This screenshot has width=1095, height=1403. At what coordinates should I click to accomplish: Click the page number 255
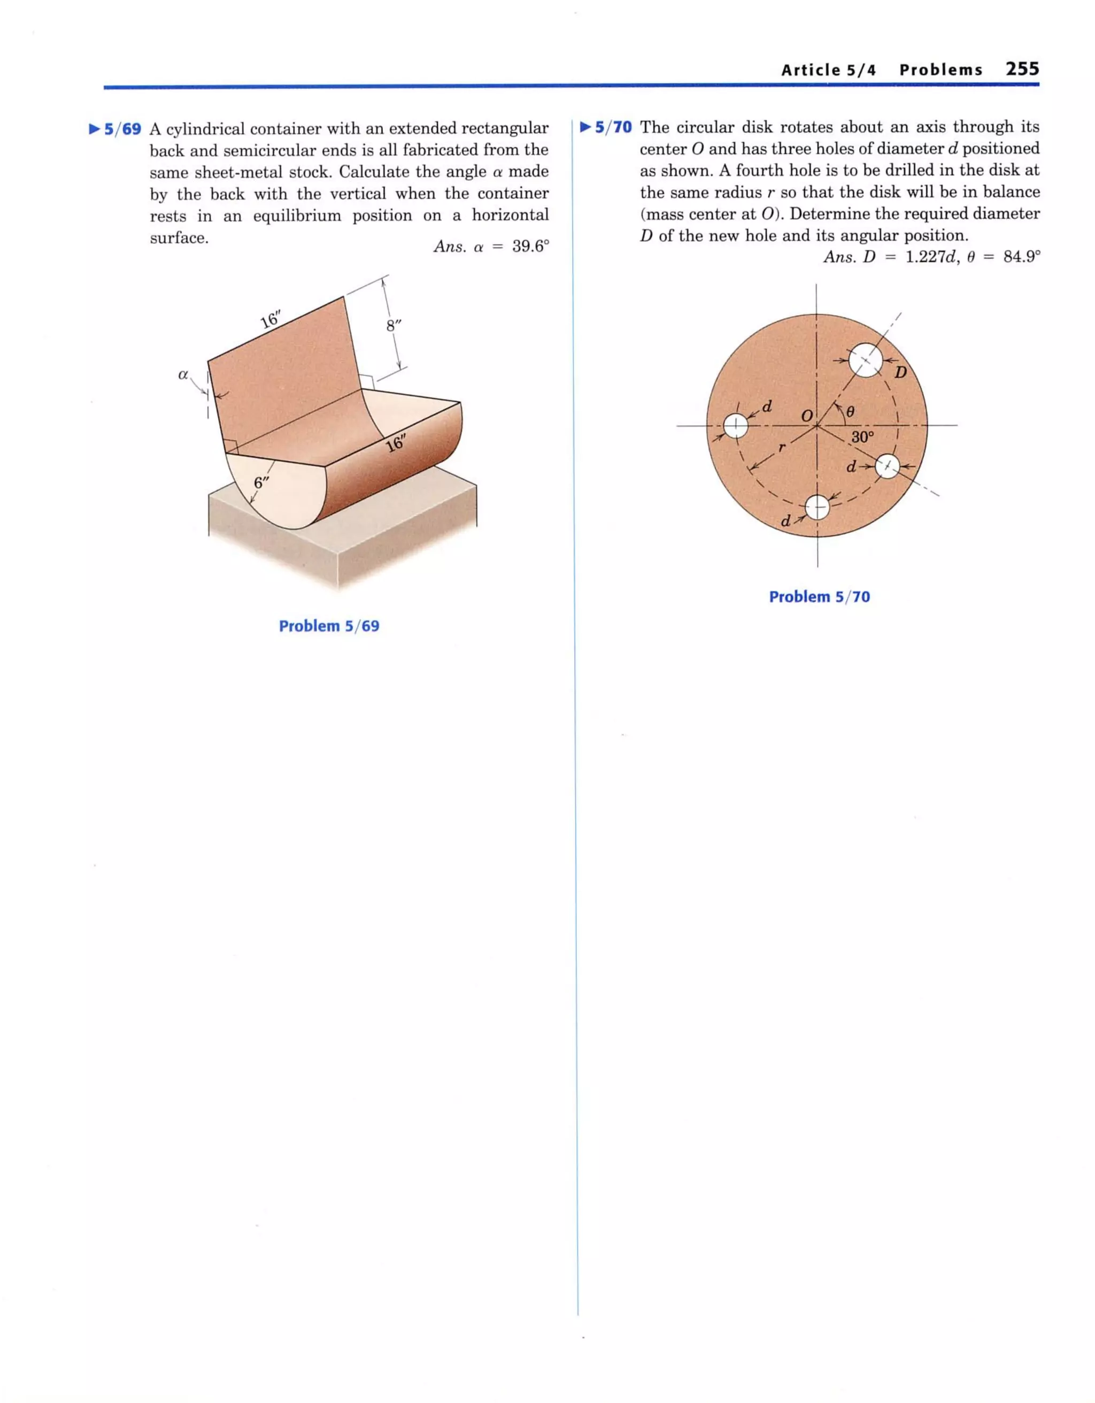pos(1022,69)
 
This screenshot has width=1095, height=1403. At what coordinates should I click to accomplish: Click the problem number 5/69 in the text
pos(122,129)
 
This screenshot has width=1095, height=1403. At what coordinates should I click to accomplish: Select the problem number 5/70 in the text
pos(613,127)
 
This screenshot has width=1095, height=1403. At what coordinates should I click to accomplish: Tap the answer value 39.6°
pos(530,247)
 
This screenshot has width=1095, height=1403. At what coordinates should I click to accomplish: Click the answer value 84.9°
pos(1021,257)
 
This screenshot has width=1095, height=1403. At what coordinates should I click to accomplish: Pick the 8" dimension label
pos(393,326)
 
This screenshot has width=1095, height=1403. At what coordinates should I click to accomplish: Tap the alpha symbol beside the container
pos(183,374)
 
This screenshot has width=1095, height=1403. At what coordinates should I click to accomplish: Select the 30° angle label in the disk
pos(862,438)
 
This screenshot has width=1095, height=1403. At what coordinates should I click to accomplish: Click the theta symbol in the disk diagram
pos(850,412)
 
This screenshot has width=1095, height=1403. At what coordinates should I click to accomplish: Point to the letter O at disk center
pos(806,415)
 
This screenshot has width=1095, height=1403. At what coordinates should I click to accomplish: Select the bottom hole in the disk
pos(817,508)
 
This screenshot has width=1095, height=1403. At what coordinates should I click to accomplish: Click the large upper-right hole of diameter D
pos(865,361)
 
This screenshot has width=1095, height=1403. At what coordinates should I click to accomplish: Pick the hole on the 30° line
pos(887,466)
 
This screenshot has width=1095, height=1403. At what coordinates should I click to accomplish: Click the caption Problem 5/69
pos(329,626)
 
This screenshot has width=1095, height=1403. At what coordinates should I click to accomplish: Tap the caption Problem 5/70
pos(820,597)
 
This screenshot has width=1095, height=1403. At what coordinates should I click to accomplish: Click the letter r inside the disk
pos(781,447)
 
